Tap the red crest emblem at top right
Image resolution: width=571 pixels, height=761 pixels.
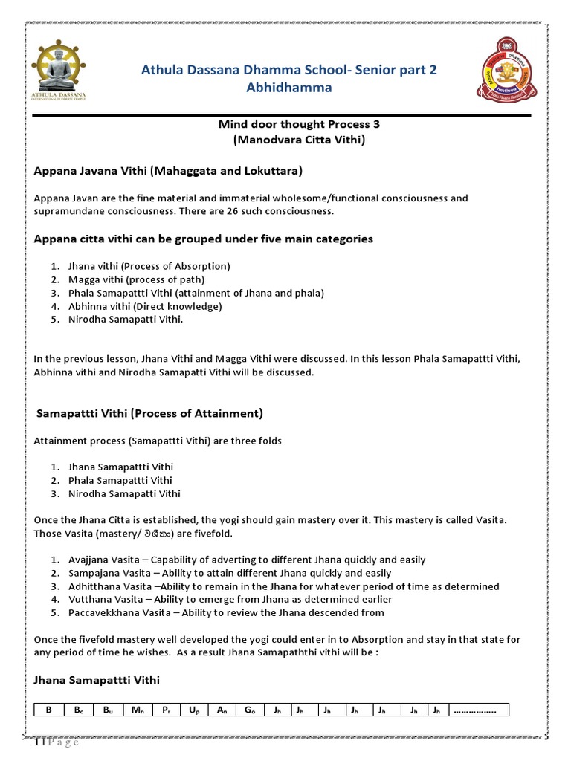click(507, 78)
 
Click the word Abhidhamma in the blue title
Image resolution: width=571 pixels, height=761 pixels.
click(289, 88)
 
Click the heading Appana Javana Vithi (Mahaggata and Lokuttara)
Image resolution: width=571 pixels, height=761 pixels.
click(168, 171)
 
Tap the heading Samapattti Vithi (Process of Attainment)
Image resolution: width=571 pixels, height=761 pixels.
click(149, 413)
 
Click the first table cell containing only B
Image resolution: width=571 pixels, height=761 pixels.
click(48, 710)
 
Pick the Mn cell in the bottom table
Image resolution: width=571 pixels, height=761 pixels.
click(137, 710)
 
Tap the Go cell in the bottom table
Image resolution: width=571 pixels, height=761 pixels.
click(249, 710)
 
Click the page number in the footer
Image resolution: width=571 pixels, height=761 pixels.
click(36, 745)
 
